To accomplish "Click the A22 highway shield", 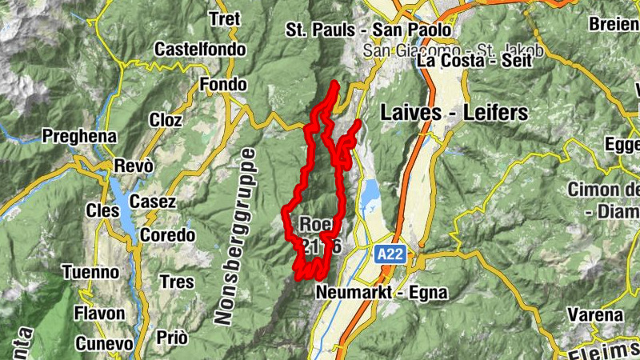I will (390, 254).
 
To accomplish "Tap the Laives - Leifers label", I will (454, 112).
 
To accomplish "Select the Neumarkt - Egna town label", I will (382, 292).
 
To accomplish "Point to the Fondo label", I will (223, 85).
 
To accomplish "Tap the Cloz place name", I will (166, 120).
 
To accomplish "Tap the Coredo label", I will (167, 235).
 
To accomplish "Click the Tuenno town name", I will (90, 272).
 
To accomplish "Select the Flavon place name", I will (101, 313).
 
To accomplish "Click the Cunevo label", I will (104, 343).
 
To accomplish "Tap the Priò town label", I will (172, 338).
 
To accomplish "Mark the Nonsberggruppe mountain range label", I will (234, 236).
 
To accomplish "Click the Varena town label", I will (595, 314).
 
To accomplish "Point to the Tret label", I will (223, 18).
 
